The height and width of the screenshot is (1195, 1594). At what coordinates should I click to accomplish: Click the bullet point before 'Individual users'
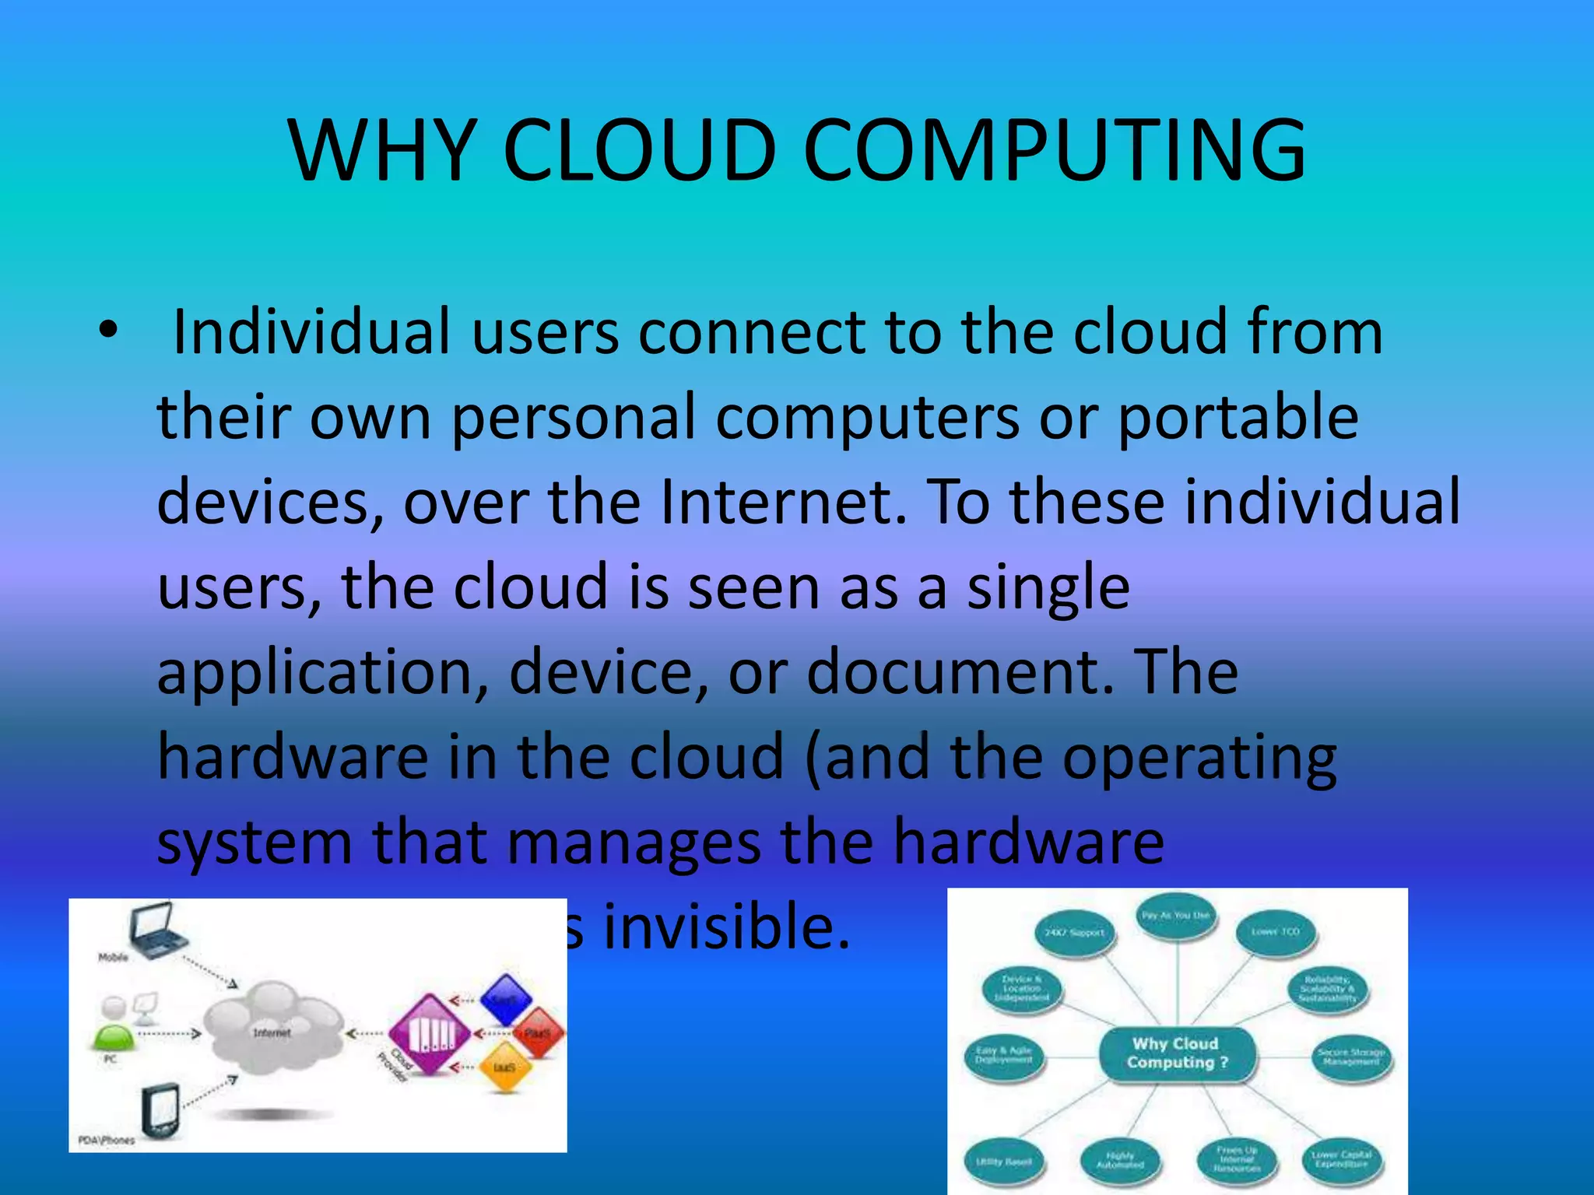click(108, 331)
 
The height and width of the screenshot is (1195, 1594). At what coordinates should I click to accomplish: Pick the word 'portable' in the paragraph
click(1238, 417)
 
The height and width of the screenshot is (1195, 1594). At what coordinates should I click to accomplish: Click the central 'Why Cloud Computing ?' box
click(1176, 1053)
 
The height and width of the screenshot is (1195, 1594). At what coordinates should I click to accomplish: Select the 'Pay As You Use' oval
click(1175, 916)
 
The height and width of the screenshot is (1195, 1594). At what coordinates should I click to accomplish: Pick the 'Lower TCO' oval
click(1275, 932)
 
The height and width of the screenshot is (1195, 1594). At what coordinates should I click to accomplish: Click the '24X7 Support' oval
click(1074, 933)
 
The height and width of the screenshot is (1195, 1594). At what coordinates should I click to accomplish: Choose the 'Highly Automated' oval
click(1120, 1162)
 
